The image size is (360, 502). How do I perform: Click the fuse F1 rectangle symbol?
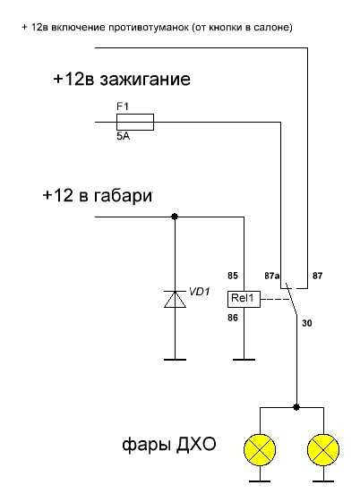[135, 122]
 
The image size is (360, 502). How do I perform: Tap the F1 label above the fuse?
[123, 106]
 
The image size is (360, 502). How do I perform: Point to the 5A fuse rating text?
[123, 136]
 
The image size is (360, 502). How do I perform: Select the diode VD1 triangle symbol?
[175, 299]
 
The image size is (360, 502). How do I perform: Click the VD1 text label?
[199, 292]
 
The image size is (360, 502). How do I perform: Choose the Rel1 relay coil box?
[244, 299]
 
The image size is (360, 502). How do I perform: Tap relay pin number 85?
[233, 276]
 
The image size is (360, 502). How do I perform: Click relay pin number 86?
[233, 318]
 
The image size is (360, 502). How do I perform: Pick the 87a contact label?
[272, 276]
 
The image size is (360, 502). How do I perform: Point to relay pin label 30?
[307, 323]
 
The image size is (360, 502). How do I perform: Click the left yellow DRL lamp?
[260, 450]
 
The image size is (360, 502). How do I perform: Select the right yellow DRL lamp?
[323, 450]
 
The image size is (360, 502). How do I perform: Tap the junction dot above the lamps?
[296, 407]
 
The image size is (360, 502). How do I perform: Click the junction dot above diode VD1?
[175, 217]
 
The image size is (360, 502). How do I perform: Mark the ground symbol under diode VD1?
[175, 360]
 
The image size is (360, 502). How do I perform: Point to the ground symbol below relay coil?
[244, 360]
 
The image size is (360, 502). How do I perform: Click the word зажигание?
[145, 80]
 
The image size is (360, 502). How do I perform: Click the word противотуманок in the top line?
[149, 28]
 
